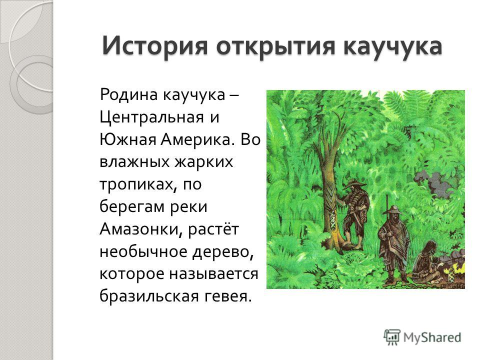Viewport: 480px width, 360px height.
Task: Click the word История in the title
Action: (x=155, y=46)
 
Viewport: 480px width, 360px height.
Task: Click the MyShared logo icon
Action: (x=392, y=337)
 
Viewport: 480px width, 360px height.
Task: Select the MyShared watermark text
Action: (x=432, y=337)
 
